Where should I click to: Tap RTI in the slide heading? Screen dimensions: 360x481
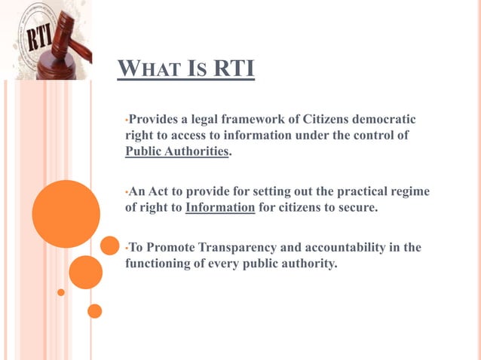pyautogui.click(x=233, y=70)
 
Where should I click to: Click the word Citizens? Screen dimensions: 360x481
pyautogui.click(x=329, y=119)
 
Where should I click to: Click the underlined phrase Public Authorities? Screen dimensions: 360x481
pyautogui.click(x=176, y=151)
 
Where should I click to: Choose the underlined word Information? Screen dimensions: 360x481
pyautogui.click(x=220, y=207)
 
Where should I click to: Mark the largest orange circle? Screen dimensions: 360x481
pyautogui.click(x=66, y=214)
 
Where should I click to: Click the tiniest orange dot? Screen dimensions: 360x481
pyautogui.click(x=61, y=291)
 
